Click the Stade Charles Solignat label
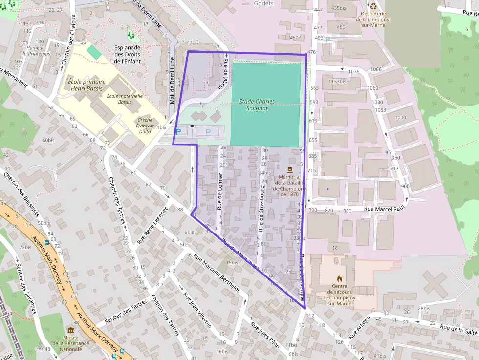(x=257, y=105)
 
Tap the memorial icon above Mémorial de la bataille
(x=289, y=169)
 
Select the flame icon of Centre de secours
(x=340, y=279)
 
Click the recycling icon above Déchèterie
(x=374, y=6)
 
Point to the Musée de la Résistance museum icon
(x=71, y=331)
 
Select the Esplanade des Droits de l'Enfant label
(x=127, y=54)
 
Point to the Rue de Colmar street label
(x=220, y=191)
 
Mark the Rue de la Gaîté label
(x=458, y=330)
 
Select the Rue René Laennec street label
(x=152, y=224)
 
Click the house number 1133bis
(x=337, y=81)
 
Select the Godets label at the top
(x=263, y=3)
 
